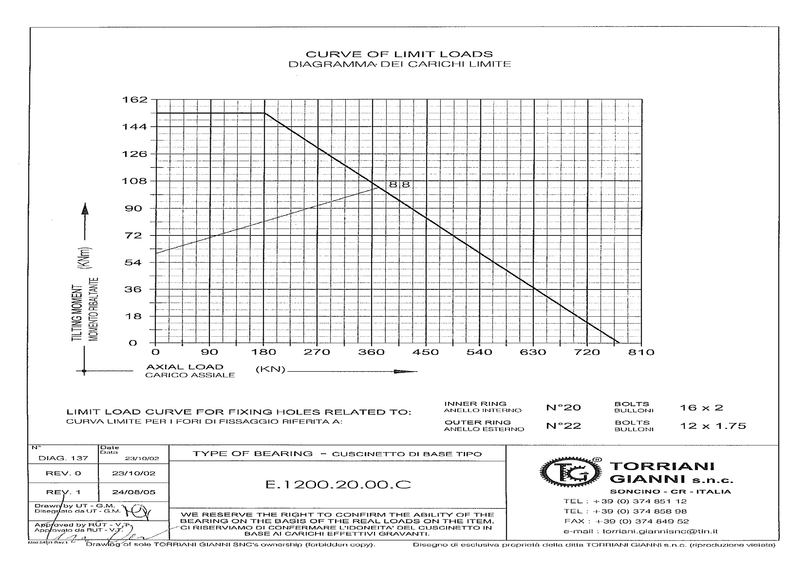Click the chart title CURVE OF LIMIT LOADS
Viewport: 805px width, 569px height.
(x=399, y=54)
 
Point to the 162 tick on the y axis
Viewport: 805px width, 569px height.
(x=135, y=100)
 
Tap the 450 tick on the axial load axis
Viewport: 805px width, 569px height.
(x=425, y=352)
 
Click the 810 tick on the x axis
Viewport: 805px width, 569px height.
(x=641, y=352)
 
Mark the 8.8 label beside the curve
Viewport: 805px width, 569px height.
(x=399, y=185)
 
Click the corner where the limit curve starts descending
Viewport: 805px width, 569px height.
(x=264, y=113)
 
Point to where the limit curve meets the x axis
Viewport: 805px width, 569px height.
(x=619, y=343)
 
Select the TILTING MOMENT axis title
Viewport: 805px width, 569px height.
(x=77, y=312)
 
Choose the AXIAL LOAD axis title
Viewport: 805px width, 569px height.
(x=185, y=367)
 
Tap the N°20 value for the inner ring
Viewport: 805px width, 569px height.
(x=563, y=407)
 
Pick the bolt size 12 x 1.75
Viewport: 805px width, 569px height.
(x=713, y=426)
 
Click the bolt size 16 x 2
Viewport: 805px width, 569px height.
(x=701, y=408)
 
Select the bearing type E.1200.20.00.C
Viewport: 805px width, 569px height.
(x=338, y=485)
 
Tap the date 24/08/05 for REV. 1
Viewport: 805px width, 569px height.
(x=134, y=492)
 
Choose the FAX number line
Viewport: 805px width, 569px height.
(x=626, y=521)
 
